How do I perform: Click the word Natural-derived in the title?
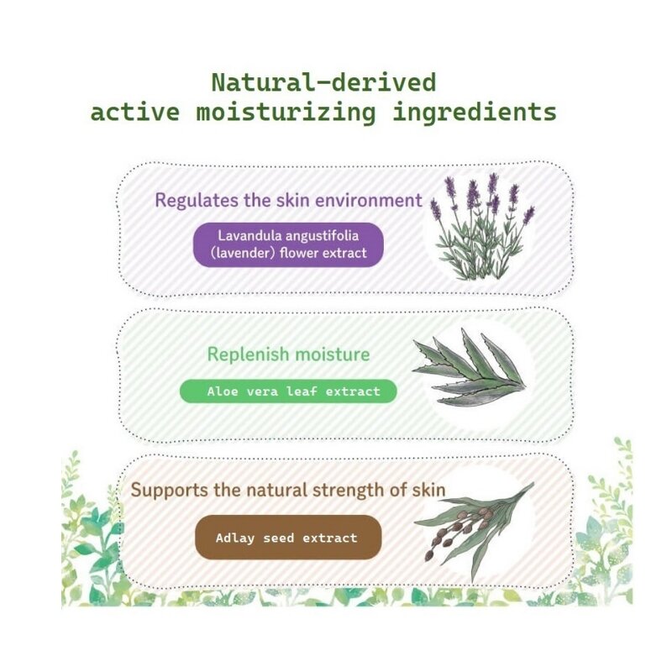point(323,83)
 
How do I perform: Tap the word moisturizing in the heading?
point(286,113)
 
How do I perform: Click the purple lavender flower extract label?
point(288,244)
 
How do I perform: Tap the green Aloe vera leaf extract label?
point(288,391)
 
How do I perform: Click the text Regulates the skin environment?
point(288,201)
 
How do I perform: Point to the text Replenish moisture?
point(288,354)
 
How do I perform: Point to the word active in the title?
point(135,113)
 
